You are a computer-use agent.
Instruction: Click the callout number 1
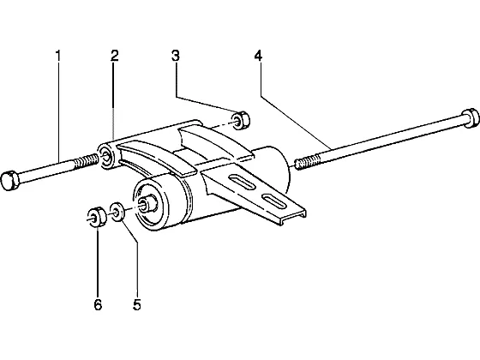[x=58, y=56]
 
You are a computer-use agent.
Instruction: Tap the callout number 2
[x=115, y=56]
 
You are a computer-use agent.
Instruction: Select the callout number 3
[x=176, y=56]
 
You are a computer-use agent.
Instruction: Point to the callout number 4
[x=258, y=56]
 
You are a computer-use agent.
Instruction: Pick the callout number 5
[x=137, y=304]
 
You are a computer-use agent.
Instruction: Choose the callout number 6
[x=98, y=304]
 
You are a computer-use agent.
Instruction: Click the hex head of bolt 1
[x=10, y=181]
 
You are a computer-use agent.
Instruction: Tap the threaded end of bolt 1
[x=87, y=161]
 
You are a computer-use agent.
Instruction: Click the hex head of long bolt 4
[x=471, y=118]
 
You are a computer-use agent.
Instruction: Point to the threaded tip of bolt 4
[x=308, y=162]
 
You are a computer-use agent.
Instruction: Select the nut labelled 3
[x=240, y=121]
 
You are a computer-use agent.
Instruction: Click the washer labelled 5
[x=117, y=211]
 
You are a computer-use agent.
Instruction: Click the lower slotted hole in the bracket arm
[x=275, y=201]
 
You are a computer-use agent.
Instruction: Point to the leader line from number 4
[x=296, y=123]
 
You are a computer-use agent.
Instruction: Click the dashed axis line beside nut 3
[x=221, y=124]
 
